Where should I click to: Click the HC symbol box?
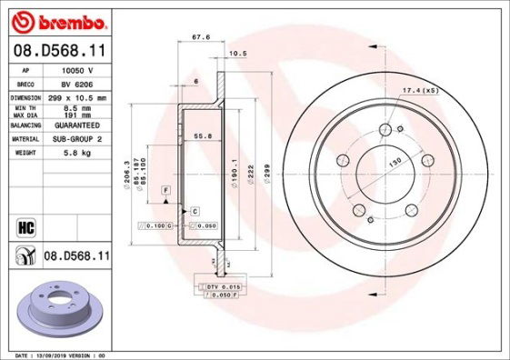tap(25, 225)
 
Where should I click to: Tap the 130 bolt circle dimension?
tap(395, 162)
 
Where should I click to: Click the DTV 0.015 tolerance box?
tap(224, 286)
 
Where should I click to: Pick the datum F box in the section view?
tap(166, 188)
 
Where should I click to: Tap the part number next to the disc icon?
tap(75, 258)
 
